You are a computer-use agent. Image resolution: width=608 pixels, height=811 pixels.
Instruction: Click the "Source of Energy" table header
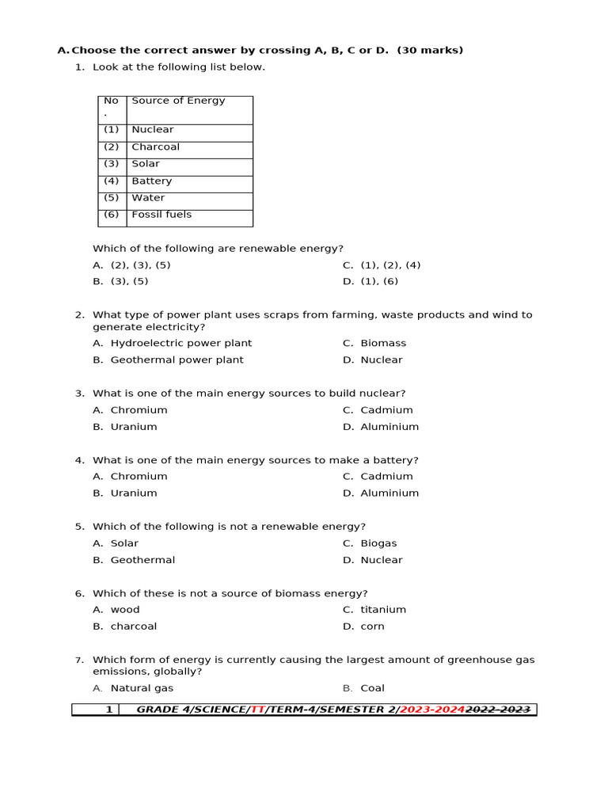click(178, 101)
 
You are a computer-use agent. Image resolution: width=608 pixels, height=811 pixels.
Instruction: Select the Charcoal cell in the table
click(155, 147)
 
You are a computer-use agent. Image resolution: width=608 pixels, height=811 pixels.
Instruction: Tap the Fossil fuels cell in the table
click(161, 215)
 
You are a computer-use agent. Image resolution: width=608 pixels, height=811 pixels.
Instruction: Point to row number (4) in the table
click(111, 181)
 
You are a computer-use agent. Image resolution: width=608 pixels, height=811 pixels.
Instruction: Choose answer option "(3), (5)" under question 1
click(129, 281)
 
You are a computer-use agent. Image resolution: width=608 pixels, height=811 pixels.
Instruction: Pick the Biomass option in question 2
click(383, 343)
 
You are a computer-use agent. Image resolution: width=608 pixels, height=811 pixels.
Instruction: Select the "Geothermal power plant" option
click(177, 360)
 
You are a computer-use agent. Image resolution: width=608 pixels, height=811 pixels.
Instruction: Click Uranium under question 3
click(134, 426)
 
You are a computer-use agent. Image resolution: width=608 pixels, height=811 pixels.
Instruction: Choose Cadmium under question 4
click(386, 476)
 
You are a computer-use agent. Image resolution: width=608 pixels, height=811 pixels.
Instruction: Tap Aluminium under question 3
click(389, 426)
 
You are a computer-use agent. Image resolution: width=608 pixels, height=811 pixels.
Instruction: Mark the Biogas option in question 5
click(378, 543)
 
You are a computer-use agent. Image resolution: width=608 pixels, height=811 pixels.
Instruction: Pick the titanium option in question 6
click(383, 610)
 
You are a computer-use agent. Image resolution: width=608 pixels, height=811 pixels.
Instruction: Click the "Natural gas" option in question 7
click(142, 688)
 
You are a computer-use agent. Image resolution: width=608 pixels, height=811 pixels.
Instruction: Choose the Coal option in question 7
click(372, 688)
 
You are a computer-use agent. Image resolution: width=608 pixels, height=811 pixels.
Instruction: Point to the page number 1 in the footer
click(109, 710)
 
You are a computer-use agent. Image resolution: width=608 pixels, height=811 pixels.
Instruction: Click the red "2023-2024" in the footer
click(432, 710)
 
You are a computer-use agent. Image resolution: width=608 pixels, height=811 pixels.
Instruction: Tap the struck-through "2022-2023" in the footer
click(498, 710)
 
